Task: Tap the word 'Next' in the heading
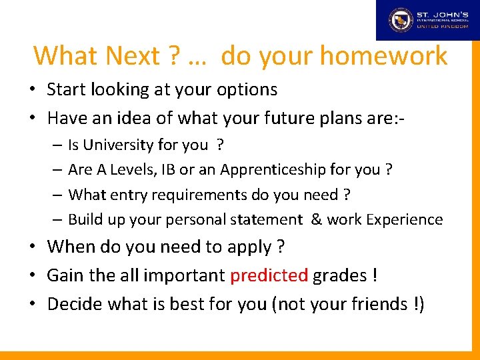131,56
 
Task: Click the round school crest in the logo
401,20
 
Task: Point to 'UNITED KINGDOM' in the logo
441,27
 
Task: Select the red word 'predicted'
269,276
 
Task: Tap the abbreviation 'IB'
171,170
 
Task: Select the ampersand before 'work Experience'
317,219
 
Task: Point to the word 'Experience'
409,219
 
